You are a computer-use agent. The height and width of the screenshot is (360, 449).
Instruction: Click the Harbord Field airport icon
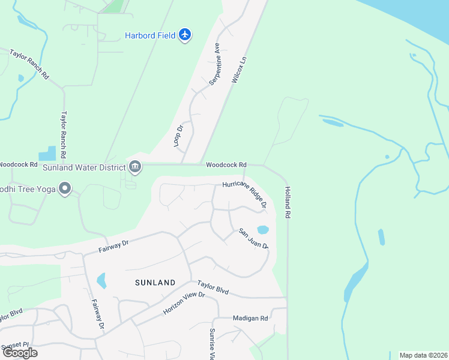(185, 35)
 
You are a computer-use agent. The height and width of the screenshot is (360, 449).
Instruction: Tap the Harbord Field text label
(150, 35)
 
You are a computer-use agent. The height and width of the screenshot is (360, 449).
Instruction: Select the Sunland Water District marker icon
(135, 166)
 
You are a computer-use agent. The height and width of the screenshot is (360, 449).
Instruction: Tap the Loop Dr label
(178, 136)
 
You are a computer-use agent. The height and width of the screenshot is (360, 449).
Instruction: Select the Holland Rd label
(288, 204)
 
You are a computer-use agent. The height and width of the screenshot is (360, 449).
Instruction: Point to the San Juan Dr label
(253, 238)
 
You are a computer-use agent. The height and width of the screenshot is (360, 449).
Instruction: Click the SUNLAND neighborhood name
(155, 282)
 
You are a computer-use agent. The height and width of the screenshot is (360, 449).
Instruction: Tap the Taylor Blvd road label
(213, 287)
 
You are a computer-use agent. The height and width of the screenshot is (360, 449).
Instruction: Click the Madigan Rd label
(251, 318)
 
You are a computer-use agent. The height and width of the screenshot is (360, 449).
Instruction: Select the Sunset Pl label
(14, 345)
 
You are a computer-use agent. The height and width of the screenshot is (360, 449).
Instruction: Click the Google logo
(20, 352)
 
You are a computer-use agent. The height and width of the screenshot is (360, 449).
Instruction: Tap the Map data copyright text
(423, 355)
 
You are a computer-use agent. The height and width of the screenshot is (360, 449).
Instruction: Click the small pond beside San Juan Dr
(262, 229)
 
